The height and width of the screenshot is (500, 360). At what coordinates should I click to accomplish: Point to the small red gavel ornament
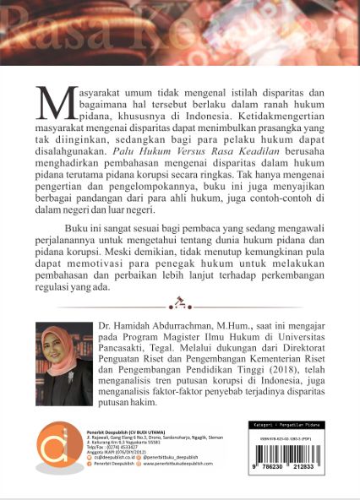179,301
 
